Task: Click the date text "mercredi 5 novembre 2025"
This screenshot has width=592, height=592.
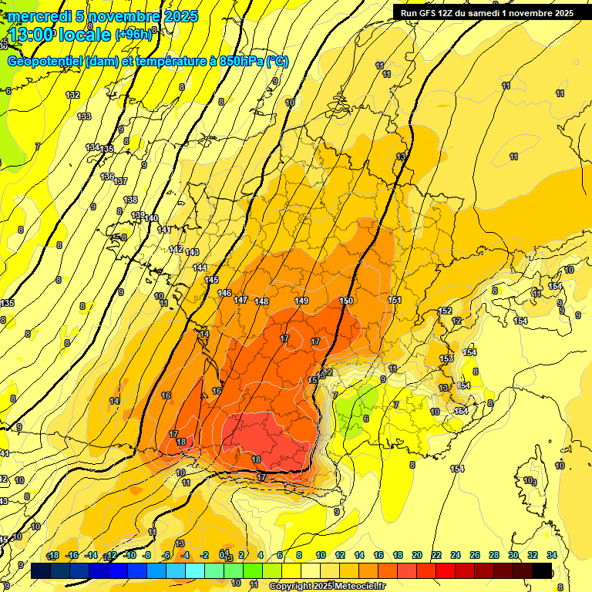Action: [x=103, y=16]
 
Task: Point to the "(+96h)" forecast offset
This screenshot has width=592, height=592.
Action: [x=134, y=34]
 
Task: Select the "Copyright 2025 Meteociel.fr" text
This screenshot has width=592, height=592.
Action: [x=327, y=586]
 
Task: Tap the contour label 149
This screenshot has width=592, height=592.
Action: [x=302, y=301]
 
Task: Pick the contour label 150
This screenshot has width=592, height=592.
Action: [x=346, y=301]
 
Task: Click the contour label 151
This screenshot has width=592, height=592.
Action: [x=395, y=300]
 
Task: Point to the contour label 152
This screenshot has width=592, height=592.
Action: [x=445, y=311]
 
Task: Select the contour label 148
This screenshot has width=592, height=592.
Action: [x=261, y=301]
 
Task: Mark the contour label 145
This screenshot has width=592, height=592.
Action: [x=211, y=280]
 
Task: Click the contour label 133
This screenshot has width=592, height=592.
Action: [x=84, y=116]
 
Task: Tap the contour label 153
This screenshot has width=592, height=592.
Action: [x=446, y=358]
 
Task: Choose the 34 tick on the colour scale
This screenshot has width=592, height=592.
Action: [x=551, y=556]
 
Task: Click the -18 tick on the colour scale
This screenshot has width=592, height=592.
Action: [x=53, y=556]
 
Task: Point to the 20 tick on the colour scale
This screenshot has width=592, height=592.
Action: [x=417, y=556]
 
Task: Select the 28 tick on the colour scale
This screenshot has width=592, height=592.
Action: [x=493, y=556]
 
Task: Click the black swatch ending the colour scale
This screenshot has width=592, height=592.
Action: [x=542, y=570]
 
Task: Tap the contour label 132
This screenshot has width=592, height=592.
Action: [x=72, y=95]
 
